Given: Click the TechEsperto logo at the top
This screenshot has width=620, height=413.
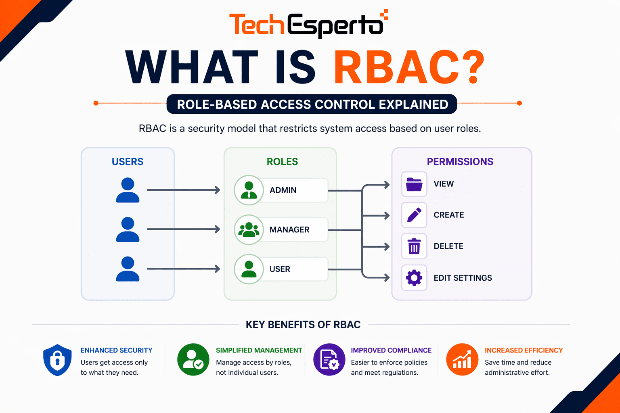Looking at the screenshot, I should [308, 25].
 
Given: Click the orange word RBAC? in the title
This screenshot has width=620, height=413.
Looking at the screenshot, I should [408, 68].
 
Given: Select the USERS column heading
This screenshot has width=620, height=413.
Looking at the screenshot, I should [128, 162].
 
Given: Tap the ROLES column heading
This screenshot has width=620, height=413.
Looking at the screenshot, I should [282, 162].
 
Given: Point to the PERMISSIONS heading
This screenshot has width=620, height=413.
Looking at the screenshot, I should [460, 162].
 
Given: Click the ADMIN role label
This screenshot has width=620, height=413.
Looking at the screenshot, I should [283, 190].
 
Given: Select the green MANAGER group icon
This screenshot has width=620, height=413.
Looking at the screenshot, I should [249, 229].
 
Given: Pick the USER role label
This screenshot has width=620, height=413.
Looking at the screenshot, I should [280, 269].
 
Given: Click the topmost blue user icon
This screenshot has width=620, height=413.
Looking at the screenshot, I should [128, 190].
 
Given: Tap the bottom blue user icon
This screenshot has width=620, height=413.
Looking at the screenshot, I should [128, 269].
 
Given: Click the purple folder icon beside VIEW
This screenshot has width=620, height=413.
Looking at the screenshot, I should [414, 184].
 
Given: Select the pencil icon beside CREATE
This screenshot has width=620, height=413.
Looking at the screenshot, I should [414, 215].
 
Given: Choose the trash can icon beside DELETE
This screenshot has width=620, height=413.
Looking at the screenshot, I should [414, 246].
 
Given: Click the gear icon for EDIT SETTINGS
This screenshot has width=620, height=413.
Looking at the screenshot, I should [414, 278].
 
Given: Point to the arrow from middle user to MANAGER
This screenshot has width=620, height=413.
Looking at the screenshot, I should [183, 229].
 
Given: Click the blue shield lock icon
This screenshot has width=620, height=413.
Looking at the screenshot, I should [57, 360].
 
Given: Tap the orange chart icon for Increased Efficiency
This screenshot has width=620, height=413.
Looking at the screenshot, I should [462, 359].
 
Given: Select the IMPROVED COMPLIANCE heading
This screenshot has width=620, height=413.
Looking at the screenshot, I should [391, 350].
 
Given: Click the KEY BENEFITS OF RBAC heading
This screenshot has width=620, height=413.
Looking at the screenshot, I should [303, 325].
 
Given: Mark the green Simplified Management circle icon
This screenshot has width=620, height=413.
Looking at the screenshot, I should [193, 359].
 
